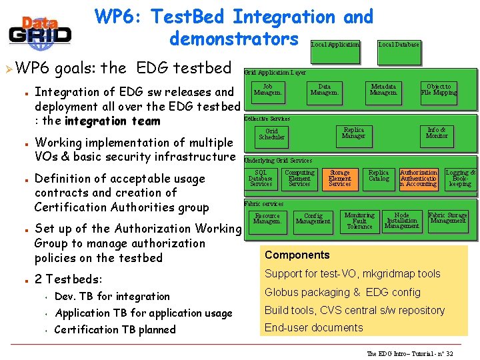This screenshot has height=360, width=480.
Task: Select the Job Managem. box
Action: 267,90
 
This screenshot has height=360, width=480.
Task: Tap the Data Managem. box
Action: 325,90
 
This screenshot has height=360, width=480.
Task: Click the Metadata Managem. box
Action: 383,90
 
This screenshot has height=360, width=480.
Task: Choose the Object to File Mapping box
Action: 439,90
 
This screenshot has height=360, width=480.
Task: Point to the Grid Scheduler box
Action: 271,135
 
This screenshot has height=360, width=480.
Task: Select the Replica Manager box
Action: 353,133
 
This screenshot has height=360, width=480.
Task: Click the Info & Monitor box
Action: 437,133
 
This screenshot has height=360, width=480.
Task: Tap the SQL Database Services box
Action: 261,178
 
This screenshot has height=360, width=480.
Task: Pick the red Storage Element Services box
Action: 339,178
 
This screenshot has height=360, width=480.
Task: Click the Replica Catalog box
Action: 379,175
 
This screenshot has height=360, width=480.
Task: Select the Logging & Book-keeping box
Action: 460,178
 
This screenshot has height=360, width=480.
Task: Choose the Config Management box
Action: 313,219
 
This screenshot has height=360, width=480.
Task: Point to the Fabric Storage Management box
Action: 447,218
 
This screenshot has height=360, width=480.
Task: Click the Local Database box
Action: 399,45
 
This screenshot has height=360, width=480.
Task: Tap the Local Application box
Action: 335,45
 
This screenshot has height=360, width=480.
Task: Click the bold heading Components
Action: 297,255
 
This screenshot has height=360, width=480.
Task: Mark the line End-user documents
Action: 313,327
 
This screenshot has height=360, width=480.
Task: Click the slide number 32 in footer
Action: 449,353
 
